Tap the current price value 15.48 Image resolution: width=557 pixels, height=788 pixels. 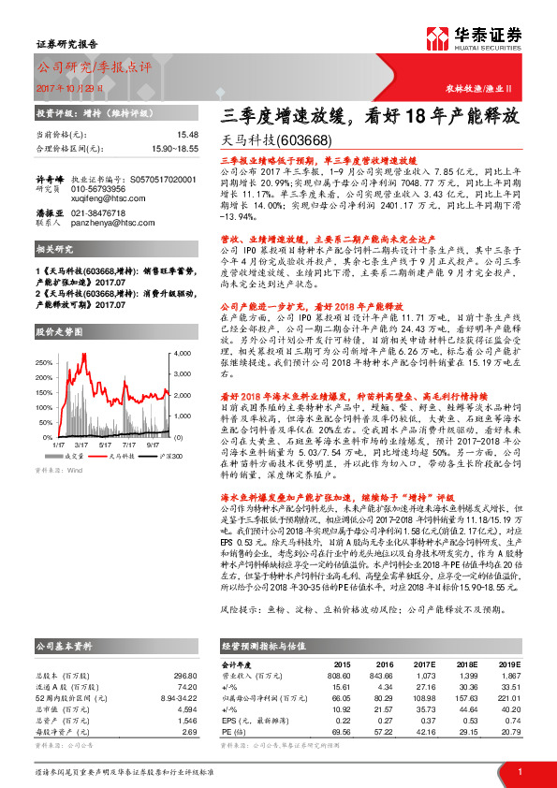click(x=162, y=135)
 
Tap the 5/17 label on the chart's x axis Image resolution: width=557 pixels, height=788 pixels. click(x=105, y=445)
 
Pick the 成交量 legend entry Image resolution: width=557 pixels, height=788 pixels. click(x=77, y=456)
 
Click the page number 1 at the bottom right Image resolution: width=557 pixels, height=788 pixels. click(x=519, y=771)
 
